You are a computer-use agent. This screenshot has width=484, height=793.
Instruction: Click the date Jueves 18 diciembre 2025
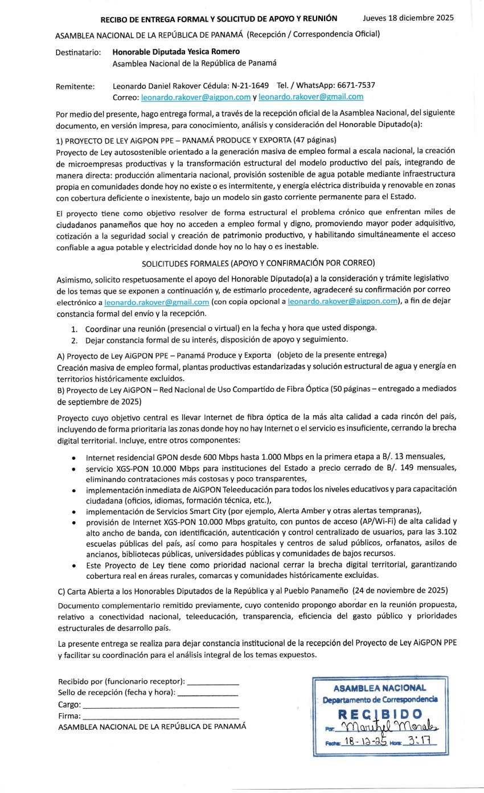pyautogui.click(x=408, y=18)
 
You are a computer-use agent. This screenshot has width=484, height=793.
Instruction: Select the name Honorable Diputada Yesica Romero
pyautogui.click(x=171, y=52)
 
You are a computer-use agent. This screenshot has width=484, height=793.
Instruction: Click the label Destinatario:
pyautogui.click(x=79, y=52)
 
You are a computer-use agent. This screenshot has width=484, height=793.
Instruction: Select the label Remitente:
pyautogui.click(x=75, y=87)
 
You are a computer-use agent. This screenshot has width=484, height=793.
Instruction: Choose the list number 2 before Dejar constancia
pyautogui.click(x=74, y=340)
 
